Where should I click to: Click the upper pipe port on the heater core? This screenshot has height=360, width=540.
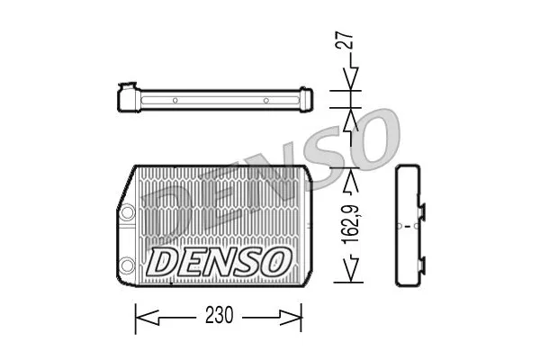127,211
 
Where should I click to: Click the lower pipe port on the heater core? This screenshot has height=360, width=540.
127,265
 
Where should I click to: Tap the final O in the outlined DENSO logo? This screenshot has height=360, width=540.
274,262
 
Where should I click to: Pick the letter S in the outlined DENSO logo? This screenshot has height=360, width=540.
246,262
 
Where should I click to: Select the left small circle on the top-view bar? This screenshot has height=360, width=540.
176,99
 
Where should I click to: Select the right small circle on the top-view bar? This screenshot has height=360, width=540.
266,99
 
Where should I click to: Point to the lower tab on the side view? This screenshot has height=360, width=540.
419,261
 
